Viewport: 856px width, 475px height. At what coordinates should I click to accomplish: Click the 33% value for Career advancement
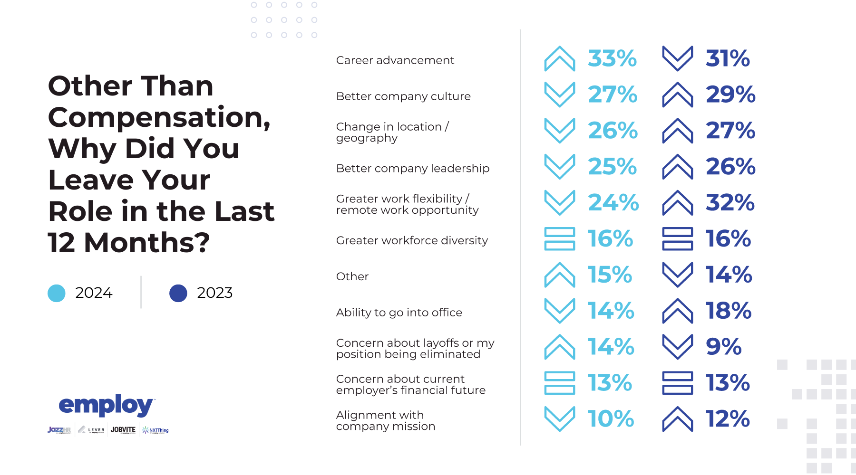pyautogui.click(x=612, y=58)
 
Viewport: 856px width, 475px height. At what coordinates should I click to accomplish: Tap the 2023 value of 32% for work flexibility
pyautogui.click(x=730, y=202)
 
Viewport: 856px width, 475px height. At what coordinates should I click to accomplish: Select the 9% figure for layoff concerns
pyautogui.click(x=723, y=347)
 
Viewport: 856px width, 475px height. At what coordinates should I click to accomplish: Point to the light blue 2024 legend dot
pyautogui.click(x=57, y=293)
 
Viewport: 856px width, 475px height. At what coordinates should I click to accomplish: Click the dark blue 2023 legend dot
pyautogui.click(x=178, y=293)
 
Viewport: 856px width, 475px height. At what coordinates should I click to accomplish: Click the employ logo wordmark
pyautogui.click(x=106, y=405)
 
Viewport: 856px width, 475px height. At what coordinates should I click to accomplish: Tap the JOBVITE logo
pyautogui.click(x=123, y=430)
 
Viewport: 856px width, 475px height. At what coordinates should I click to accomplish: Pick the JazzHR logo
pyautogui.click(x=59, y=430)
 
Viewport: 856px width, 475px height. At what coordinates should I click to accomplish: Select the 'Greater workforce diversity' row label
pyautogui.click(x=412, y=240)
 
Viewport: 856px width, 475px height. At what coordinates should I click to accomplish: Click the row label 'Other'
pyautogui.click(x=352, y=276)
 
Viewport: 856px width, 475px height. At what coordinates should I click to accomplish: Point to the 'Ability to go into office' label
pyautogui.click(x=399, y=313)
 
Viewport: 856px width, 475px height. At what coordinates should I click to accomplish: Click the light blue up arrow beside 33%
pyautogui.click(x=560, y=58)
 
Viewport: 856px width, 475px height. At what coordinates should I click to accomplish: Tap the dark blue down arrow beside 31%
pyautogui.click(x=678, y=58)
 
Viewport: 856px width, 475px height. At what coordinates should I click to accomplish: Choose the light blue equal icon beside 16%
pyautogui.click(x=560, y=238)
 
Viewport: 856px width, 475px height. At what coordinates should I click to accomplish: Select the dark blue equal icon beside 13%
pyautogui.click(x=678, y=383)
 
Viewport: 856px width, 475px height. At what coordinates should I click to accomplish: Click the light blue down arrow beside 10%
pyautogui.click(x=560, y=419)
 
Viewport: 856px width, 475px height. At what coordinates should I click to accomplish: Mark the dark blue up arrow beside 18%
pyautogui.click(x=678, y=311)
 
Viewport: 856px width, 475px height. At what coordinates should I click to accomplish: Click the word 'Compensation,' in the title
pyautogui.click(x=159, y=117)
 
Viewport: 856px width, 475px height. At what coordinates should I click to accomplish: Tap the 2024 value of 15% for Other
pyautogui.click(x=610, y=275)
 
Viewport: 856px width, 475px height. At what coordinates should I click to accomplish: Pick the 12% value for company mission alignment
pyautogui.click(x=728, y=419)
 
